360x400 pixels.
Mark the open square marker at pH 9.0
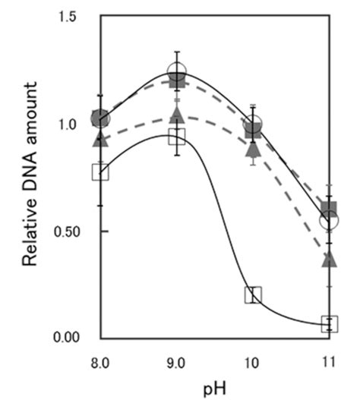[x=177, y=137]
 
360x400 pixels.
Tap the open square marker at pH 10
[x=253, y=294]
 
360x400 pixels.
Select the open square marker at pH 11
[x=329, y=324]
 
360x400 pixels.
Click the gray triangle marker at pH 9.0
[x=177, y=115]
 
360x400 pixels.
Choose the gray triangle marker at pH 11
[x=329, y=260]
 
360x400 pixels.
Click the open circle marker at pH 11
[x=329, y=221]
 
